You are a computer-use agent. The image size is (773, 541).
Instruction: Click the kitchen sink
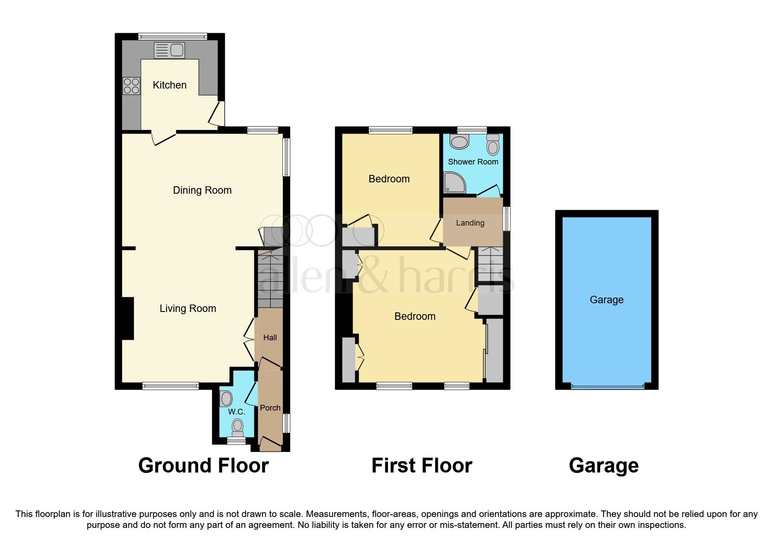tap(170, 50)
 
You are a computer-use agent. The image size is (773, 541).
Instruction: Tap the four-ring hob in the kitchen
tap(131, 86)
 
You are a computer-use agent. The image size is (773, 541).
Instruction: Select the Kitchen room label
tap(169, 85)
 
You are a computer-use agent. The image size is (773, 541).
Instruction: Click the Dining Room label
tap(202, 190)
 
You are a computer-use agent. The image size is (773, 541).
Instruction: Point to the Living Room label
tap(188, 308)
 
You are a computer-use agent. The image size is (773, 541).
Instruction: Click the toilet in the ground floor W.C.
tap(237, 427)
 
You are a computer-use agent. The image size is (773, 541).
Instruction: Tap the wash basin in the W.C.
tap(226, 398)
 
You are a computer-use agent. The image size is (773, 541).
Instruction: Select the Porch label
tap(270, 408)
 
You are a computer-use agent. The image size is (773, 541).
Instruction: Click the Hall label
tap(270, 338)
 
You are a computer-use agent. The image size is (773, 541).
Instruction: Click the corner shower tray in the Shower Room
tap(454, 183)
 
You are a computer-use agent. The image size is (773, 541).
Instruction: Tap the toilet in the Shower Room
tap(493, 145)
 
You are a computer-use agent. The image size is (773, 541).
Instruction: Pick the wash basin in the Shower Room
tap(459, 142)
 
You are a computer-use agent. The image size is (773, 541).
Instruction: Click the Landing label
tap(470, 223)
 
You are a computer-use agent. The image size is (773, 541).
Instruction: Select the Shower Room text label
tap(473, 162)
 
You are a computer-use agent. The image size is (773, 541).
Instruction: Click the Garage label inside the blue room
tap(606, 300)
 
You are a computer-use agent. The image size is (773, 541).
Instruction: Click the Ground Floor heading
tap(203, 466)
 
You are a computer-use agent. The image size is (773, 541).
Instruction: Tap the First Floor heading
tap(422, 466)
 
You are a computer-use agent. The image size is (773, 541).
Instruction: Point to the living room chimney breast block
tap(127, 318)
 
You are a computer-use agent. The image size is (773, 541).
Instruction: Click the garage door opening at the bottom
tap(607, 386)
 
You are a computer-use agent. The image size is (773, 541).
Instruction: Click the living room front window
tap(170, 386)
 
